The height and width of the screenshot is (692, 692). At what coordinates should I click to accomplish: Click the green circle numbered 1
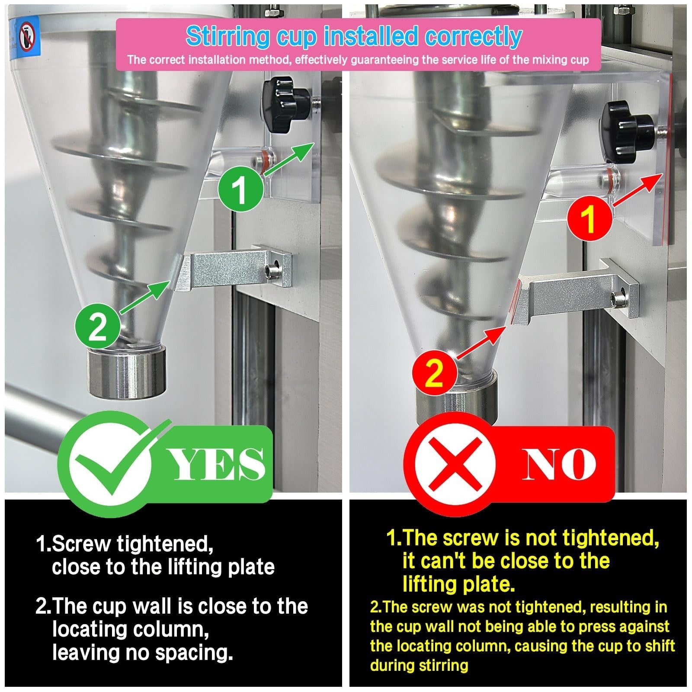pos(240,189)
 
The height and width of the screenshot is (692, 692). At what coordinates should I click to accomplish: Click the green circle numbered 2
pos(98,327)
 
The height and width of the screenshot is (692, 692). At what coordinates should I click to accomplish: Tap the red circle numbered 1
pos(589,218)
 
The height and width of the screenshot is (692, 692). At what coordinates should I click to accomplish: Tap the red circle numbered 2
pos(434,372)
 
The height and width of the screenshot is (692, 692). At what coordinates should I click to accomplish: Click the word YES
pos(218,465)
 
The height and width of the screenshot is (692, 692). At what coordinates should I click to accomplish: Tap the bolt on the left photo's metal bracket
pos(273,271)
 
